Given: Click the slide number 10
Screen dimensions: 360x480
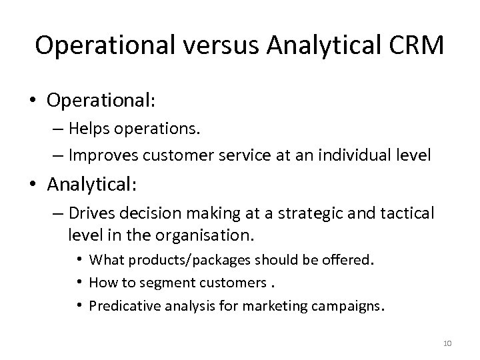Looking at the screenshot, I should pyautogui.click(x=446, y=343).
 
